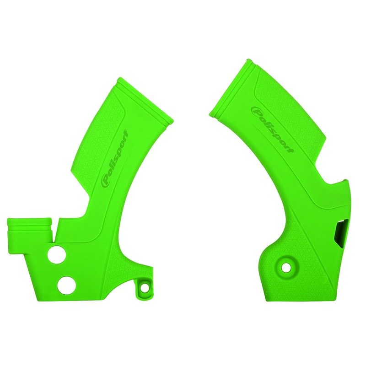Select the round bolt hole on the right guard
(286, 266)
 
